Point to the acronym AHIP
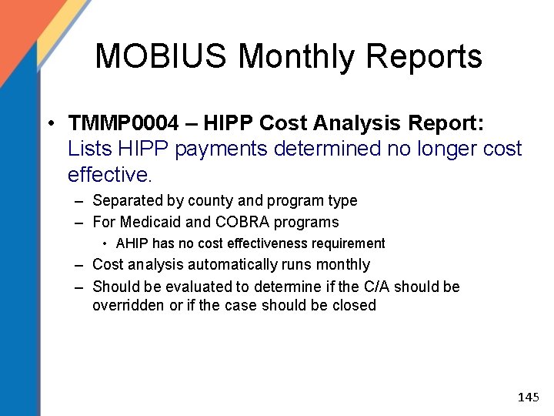click(133, 243)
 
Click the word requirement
click(346, 243)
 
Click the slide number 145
click(528, 398)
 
